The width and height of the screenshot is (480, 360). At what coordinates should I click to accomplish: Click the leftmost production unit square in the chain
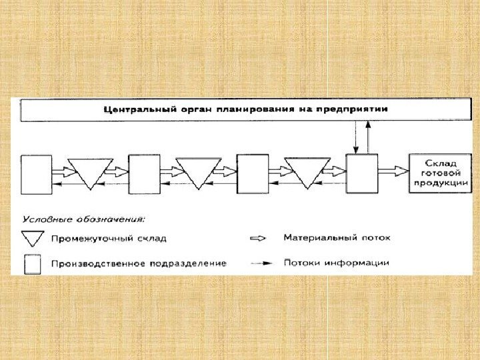pos(36,174)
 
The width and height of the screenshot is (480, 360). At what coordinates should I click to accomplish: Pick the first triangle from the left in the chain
pos(89,172)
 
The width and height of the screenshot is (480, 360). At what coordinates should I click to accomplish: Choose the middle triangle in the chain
pos(198,172)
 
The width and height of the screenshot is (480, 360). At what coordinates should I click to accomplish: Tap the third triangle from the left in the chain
pos(307,172)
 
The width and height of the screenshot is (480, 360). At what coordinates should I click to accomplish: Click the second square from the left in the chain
pos(145,174)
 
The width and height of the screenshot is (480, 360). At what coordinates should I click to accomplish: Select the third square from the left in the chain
pos(253,174)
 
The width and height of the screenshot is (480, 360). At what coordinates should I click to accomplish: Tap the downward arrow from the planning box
pos(356,137)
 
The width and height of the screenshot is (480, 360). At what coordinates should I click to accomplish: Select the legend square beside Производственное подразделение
pos(33,264)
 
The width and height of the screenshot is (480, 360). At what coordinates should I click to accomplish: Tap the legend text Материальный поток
pos(337,237)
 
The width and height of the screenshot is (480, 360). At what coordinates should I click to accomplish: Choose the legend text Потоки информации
pos(337,263)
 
